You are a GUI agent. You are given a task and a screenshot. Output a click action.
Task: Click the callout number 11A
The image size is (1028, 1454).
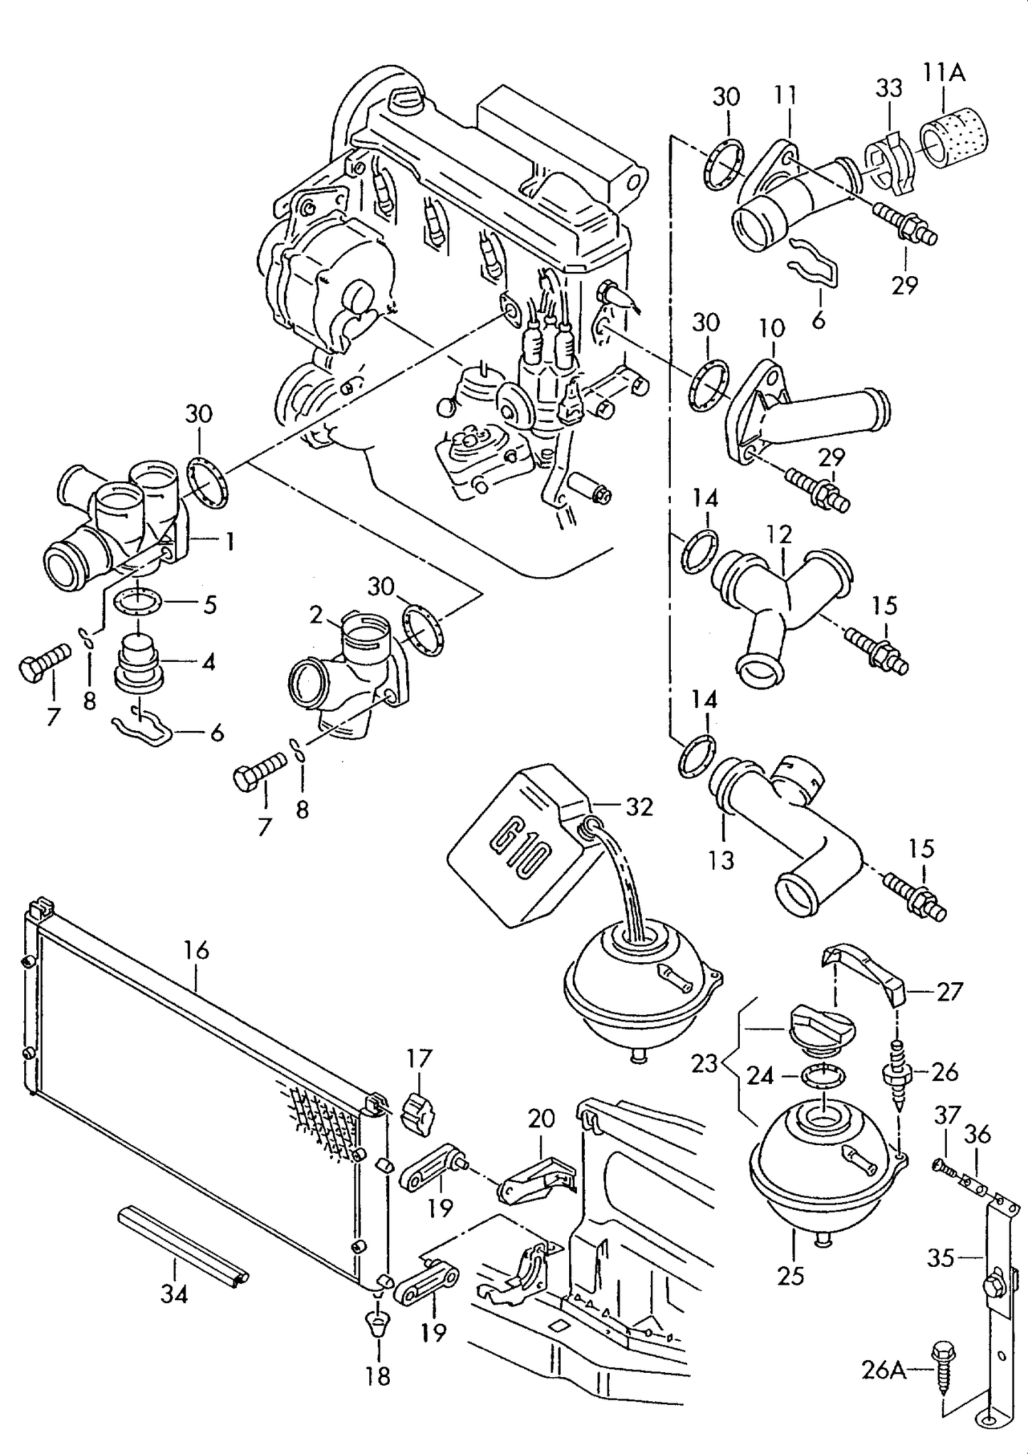point(945,73)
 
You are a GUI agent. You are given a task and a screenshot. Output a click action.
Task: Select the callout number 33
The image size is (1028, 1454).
point(889,88)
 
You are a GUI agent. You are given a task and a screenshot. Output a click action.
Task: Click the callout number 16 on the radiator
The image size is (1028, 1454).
point(196,950)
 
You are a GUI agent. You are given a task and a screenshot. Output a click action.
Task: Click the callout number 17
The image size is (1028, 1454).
point(420,1058)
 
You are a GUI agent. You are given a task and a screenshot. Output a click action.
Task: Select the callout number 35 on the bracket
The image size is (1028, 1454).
point(940,1258)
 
